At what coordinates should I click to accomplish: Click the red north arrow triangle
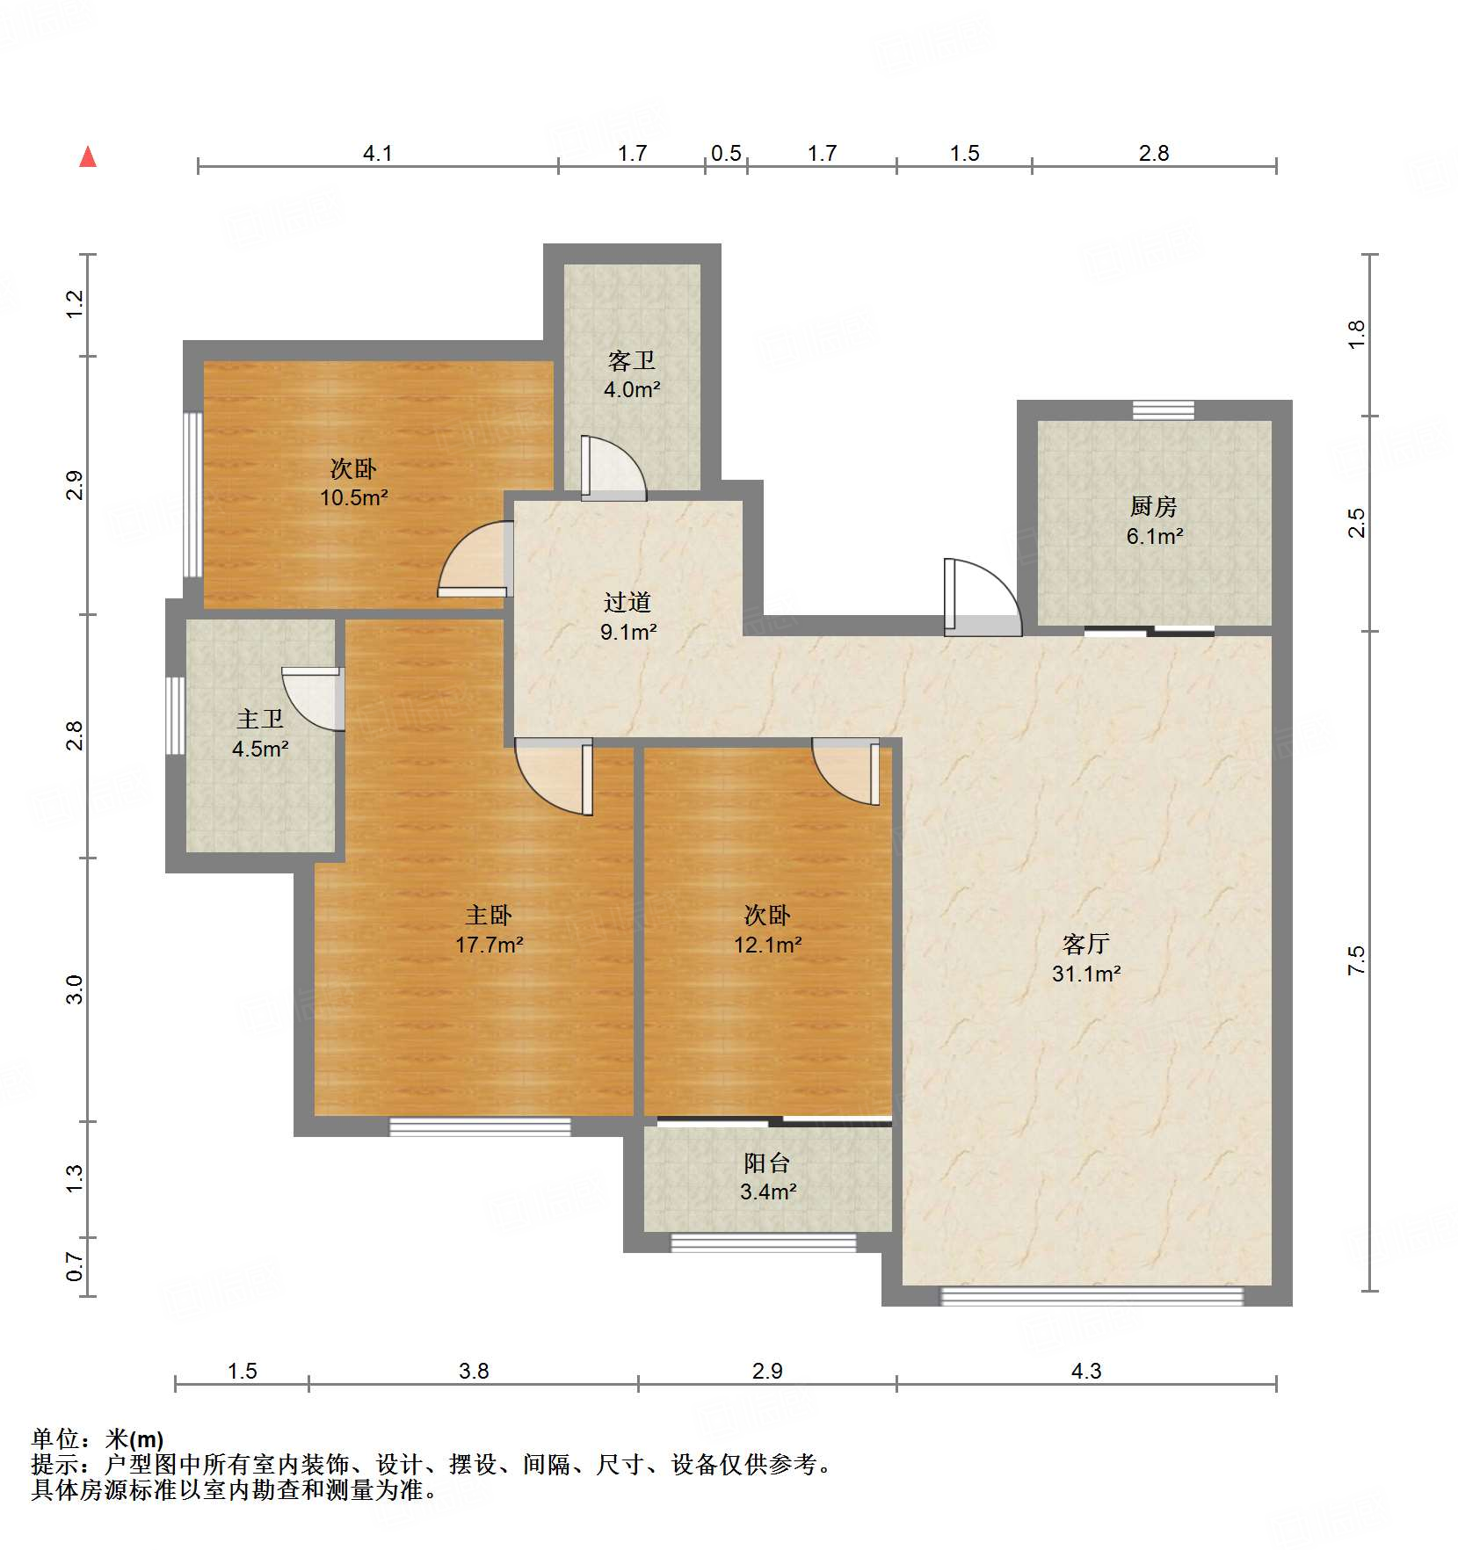click(88, 157)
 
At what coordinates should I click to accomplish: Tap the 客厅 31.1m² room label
click(1086, 959)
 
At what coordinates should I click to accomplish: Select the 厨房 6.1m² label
click(1154, 521)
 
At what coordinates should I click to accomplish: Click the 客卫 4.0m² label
click(631, 375)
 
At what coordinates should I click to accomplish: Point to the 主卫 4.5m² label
click(260, 734)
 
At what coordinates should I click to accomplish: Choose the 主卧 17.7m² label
click(489, 930)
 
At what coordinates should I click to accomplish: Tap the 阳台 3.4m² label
click(767, 1177)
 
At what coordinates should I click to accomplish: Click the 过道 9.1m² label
click(627, 616)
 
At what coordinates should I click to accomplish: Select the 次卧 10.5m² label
click(353, 482)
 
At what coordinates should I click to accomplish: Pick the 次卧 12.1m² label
click(767, 930)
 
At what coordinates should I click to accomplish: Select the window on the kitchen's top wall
click(1163, 409)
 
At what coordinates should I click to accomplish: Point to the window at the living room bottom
click(1092, 1296)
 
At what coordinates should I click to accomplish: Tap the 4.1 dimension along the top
click(377, 154)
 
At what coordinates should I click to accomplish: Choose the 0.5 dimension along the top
click(726, 154)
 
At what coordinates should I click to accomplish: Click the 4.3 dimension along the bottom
click(1086, 1371)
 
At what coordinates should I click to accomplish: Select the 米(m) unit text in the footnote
click(134, 1439)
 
